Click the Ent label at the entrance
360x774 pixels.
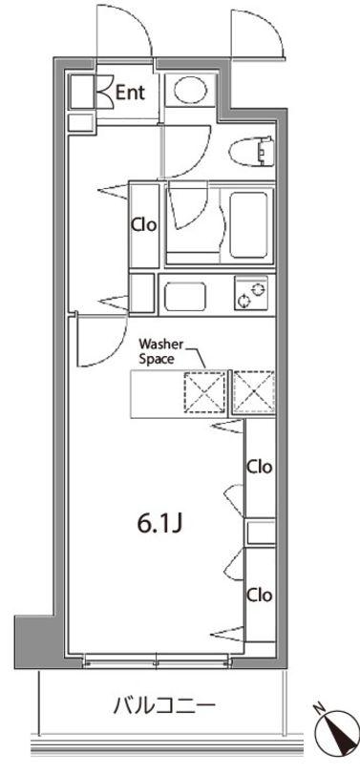pos(131,93)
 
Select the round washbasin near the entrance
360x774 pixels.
pos(191,91)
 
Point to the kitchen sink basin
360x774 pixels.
pos(184,296)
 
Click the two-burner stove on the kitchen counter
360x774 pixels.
pos(251,293)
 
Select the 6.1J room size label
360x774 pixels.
pos(160,524)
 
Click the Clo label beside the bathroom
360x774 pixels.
pos(143,225)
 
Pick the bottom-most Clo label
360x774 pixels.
pos(260,596)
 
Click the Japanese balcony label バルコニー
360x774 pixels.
pos(164,706)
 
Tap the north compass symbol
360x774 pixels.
pos(340,733)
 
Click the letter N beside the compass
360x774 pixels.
pos(319,708)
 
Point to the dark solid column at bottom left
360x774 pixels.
pos(33,640)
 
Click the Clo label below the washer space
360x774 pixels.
pos(260,467)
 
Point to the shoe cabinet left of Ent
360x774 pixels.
pos(82,92)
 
